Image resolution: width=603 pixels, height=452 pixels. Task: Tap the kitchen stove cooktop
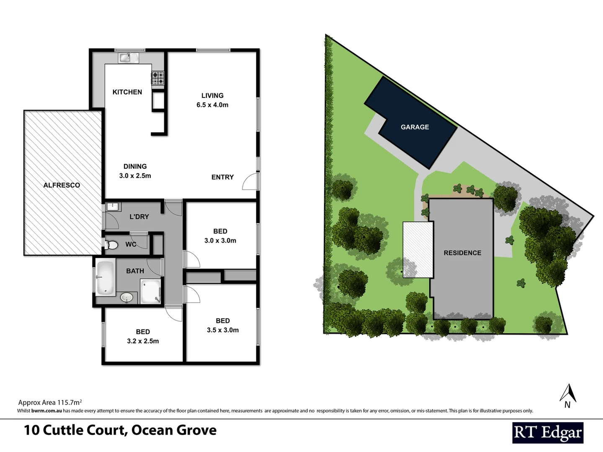158,78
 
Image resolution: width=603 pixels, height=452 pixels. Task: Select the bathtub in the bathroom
105,277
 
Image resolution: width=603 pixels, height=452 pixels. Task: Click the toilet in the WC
111,245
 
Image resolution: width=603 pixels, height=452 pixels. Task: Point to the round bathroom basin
126,298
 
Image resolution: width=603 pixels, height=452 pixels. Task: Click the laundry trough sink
113,206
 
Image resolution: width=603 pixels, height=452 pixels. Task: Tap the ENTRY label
222,177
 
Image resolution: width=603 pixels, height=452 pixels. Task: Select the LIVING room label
212,95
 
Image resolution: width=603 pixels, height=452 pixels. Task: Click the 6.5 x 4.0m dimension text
212,105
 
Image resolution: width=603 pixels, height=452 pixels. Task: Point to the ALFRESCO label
62,185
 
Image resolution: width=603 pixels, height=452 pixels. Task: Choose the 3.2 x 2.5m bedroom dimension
143,341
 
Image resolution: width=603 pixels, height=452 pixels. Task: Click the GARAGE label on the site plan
415,127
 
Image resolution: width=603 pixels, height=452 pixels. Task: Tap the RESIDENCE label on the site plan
462,253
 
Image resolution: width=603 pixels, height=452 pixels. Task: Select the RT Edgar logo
548,433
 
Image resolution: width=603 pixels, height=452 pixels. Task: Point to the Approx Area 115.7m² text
50,403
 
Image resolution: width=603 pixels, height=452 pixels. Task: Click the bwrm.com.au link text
46,411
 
